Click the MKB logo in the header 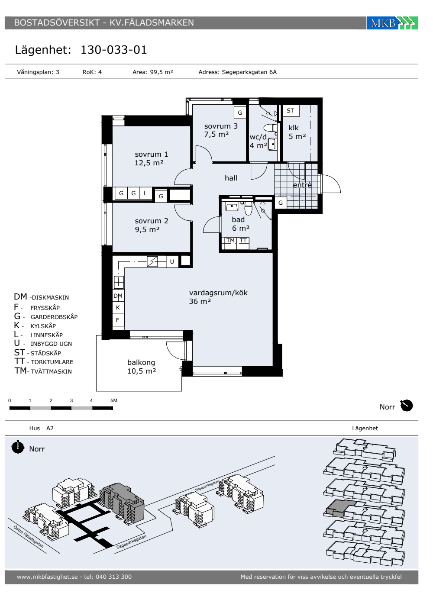click(x=392, y=23)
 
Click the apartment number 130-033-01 click(x=113, y=50)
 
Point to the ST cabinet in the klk click(x=291, y=111)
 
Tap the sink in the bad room click(x=232, y=206)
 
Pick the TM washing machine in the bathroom click(x=229, y=243)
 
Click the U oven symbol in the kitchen click(x=172, y=261)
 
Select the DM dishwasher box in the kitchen click(x=118, y=296)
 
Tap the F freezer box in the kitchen click(x=118, y=320)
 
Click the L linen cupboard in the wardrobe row click(x=145, y=193)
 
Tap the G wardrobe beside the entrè click(x=281, y=203)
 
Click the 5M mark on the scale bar click(x=114, y=400)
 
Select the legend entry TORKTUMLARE click(x=52, y=362)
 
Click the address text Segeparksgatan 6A click(x=249, y=72)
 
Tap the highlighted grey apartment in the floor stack click(x=341, y=507)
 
